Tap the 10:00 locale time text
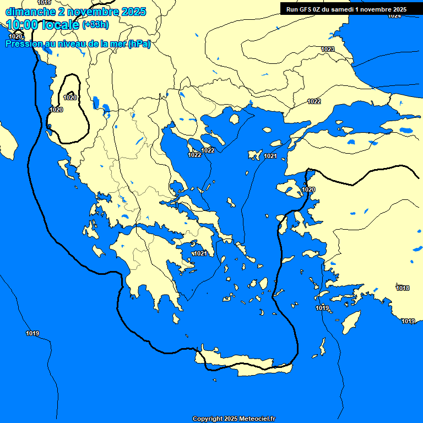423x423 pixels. (42, 25)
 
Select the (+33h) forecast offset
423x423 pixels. (95, 25)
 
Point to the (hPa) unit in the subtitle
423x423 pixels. (139, 44)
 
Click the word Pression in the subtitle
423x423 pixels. (24, 44)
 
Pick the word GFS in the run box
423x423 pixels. (307, 9)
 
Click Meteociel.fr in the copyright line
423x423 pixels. (257, 419)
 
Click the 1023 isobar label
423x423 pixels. (327, 50)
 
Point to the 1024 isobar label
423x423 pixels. (394, 16)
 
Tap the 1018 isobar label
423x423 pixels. (403, 288)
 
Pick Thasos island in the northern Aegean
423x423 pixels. (234, 118)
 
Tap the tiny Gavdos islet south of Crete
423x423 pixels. (215, 379)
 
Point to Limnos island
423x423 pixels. (255, 155)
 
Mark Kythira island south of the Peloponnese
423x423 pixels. (176, 319)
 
